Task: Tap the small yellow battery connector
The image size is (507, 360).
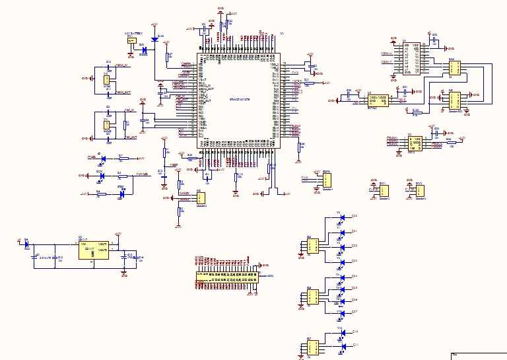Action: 131,40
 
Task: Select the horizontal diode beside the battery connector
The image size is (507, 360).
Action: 143,47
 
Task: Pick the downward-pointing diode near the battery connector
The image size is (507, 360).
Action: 154,39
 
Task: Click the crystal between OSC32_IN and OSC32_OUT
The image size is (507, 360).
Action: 106,79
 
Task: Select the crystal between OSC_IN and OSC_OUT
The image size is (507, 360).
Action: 106,125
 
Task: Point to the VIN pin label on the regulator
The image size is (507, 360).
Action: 83,244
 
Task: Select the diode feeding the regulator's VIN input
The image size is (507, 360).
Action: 26,244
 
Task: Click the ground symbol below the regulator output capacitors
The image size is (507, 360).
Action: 124,270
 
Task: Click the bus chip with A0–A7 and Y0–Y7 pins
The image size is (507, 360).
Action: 411,57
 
